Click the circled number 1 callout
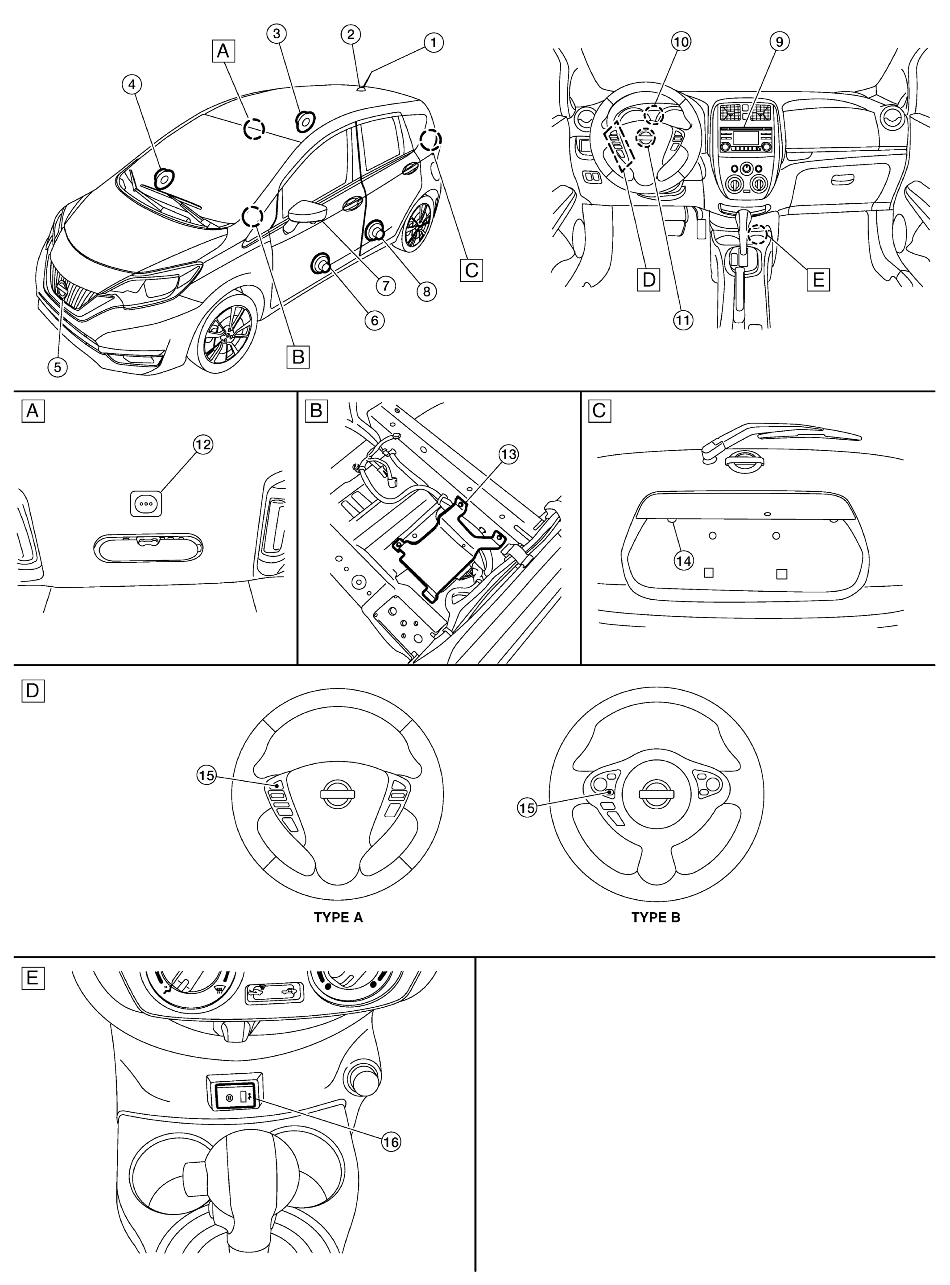coord(434,42)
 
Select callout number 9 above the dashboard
coord(779,41)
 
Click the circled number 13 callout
coord(508,454)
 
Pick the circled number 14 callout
coord(683,560)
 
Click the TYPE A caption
coord(338,917)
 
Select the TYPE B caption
coord(656,917)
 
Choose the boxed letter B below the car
coord(298,356)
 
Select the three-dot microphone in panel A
coord(145,503)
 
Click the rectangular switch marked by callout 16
coord(236,1096)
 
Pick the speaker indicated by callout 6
coord(320,264)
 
